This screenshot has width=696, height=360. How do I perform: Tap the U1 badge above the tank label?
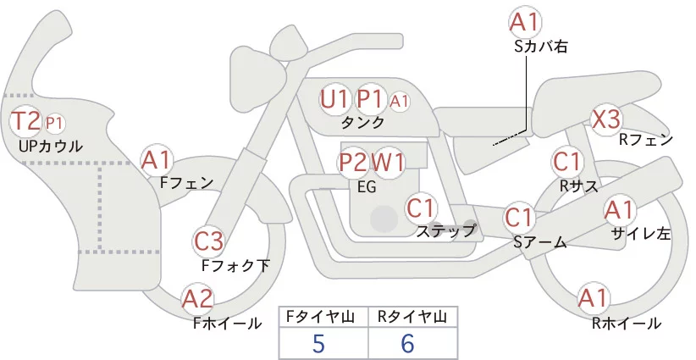point(334,99)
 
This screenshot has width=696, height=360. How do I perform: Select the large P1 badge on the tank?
point(370,99)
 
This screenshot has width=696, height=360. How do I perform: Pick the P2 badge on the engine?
point(353,162)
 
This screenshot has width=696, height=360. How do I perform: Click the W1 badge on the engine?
point(389,162)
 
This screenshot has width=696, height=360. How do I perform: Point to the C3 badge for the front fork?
point(208,241)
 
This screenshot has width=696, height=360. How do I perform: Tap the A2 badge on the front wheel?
point(197,298)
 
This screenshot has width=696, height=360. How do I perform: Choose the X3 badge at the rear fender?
point(606,119)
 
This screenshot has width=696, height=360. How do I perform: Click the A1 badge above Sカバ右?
point(525,22)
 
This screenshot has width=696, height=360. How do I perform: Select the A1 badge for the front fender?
point(157,159)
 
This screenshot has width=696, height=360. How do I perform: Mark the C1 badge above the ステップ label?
point(421,207)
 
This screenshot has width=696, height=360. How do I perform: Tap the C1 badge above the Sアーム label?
point(519,218)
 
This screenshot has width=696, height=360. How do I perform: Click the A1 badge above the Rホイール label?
point(593,298)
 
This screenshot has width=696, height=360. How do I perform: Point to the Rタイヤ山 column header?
point(412,317)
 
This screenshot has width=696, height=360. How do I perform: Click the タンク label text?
point(362,123)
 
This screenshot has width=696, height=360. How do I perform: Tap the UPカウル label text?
point(50,146)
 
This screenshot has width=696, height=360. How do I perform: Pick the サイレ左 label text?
point(641,233)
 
